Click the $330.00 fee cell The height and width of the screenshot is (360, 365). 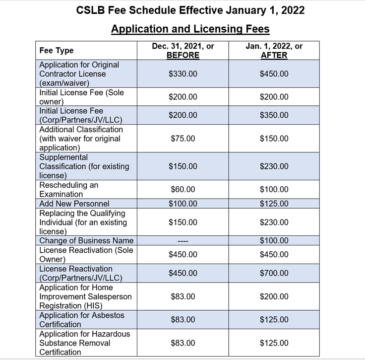[x=182, y=74]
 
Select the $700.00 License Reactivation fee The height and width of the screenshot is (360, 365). [x=274, y=273]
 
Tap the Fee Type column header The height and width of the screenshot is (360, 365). [x=56, y=50]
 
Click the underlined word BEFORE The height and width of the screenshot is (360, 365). [x=182, y=55]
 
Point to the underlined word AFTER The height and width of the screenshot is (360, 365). [x=274, y=55]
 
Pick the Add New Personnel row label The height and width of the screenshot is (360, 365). [x=74, y=204]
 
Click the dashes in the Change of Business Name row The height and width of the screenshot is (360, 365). [x=182, y=241]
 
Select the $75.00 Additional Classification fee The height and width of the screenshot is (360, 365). [x=182, y=139]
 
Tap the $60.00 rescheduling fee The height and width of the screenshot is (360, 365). [x=182, y=190]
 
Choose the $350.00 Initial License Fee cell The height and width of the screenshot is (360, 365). [x=274, y=115]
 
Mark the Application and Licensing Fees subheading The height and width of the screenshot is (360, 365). [x=190, y=29]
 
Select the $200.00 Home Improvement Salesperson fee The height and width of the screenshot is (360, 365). [x=274, y=296]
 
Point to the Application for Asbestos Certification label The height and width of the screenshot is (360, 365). [x=81, y=320]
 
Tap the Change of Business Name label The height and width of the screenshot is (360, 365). [x=86, y=241]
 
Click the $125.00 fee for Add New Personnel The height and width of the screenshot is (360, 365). [x=274, y=204]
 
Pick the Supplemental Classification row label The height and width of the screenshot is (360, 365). [x=84, y=166]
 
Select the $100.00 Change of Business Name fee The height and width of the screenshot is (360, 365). [x=274, y=241]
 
